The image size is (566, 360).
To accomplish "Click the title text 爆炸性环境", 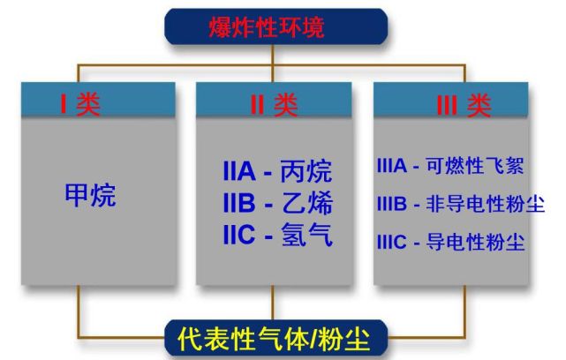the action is (267, 26).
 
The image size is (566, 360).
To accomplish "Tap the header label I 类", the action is (80, 105).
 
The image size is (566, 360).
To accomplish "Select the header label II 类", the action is (274, 105).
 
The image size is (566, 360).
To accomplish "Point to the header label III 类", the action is (464, 105).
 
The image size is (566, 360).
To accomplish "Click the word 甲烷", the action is (91, 195).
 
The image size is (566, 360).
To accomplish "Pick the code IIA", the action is (239, 171).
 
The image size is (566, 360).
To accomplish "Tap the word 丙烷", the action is (306, 171).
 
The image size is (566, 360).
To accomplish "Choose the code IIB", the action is (239, 203).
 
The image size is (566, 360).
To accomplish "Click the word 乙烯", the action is (306, 203).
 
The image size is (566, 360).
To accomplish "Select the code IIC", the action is (239, 235).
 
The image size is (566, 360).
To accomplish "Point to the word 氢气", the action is (306, 235).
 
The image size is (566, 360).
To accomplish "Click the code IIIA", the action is (392, 166).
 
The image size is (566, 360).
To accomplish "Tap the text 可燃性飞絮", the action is (475, 166).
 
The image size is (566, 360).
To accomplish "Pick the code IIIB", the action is (392, 204).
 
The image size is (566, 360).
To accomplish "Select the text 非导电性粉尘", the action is (485, 204).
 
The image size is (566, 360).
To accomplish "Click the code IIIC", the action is (392, 242).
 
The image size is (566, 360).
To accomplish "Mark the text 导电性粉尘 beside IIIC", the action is (475, 242).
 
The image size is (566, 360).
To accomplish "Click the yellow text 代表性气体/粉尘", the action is (274, 339).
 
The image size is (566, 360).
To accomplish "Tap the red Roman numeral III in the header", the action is (447, 105).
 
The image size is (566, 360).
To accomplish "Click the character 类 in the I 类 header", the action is (88, 105).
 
